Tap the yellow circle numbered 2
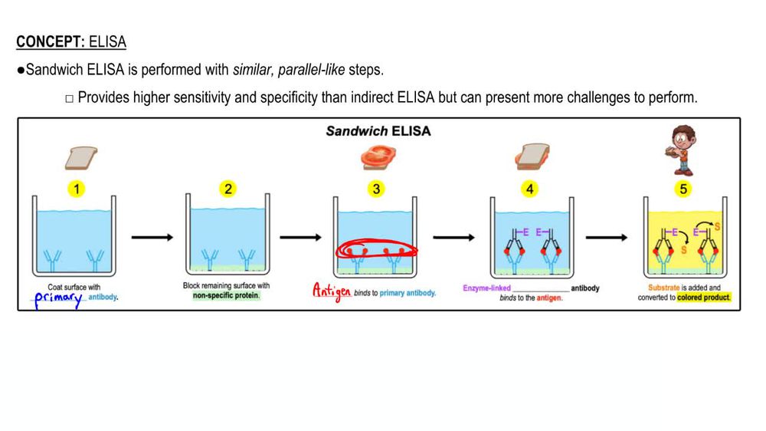(228, 189)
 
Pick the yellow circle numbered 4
(529, 189)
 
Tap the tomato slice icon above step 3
(378, 157)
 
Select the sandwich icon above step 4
(530, 158)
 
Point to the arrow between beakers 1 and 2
(152, 238)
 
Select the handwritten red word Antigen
(331, 291)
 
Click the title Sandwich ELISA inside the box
(378, 131)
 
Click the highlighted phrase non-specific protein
(226, 296)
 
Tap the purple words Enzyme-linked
(487, 288)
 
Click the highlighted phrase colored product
(704, 298)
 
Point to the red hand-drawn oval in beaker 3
(375, 251)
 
